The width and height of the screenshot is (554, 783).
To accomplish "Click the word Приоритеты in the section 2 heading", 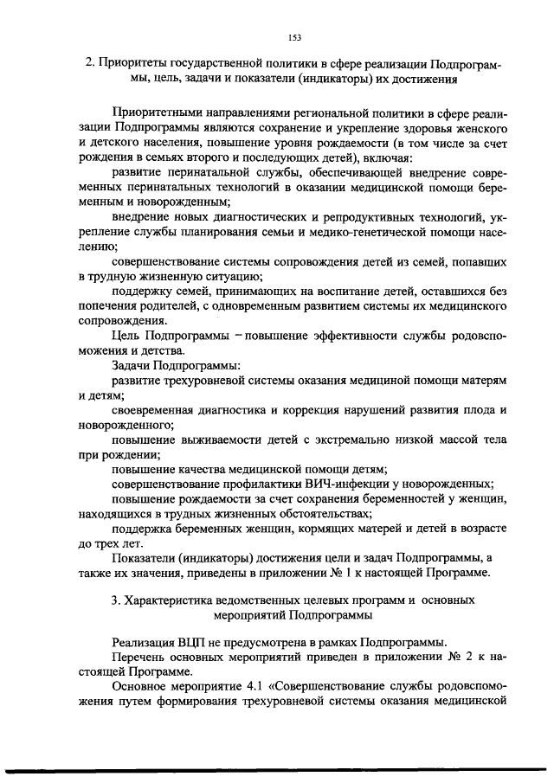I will pyautogui.click(x=132, y=63).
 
